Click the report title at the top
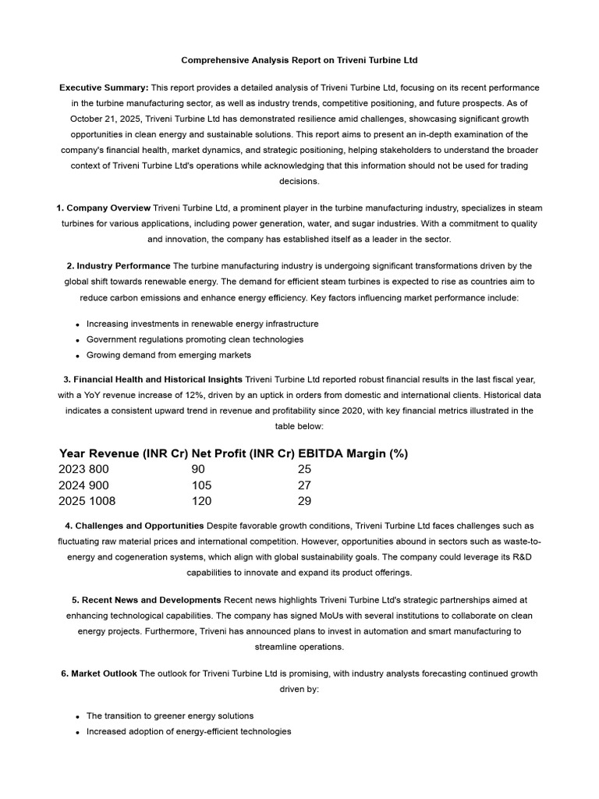[299, 59]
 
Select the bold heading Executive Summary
[104, 87]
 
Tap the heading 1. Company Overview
[104, 208]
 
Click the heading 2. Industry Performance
[119, 266]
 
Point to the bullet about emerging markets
[168, 355]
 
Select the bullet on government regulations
[195, 339]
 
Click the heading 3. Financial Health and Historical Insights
[154, 380]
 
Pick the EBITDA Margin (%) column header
[353, 453]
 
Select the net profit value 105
[201, 485]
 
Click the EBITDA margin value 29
[304, 501]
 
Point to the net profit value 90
[198, 469]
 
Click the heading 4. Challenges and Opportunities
[134, 525]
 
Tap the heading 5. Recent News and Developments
[146, 600]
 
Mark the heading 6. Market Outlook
[99, 673]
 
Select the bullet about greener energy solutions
[170, 716]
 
